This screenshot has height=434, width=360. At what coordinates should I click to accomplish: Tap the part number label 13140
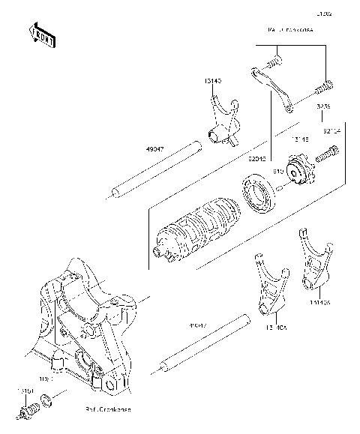pos(212,79)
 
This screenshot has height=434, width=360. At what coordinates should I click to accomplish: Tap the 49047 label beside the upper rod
pos(154,148)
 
